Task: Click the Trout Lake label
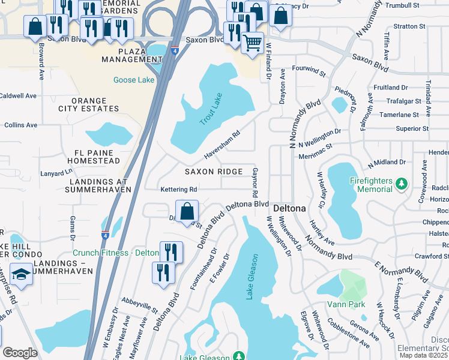pos(210,109)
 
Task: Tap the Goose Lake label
pos(133,80)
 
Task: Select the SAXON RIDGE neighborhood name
pos(214,172)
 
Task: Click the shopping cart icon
pos(253,43)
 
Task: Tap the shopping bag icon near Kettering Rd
pos(187,211)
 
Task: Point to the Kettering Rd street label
pos(179,190)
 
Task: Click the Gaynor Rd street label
pos(255,184)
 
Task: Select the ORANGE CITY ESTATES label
pos(89,104)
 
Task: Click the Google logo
pos(20,353)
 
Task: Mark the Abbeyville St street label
pos(139,306)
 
